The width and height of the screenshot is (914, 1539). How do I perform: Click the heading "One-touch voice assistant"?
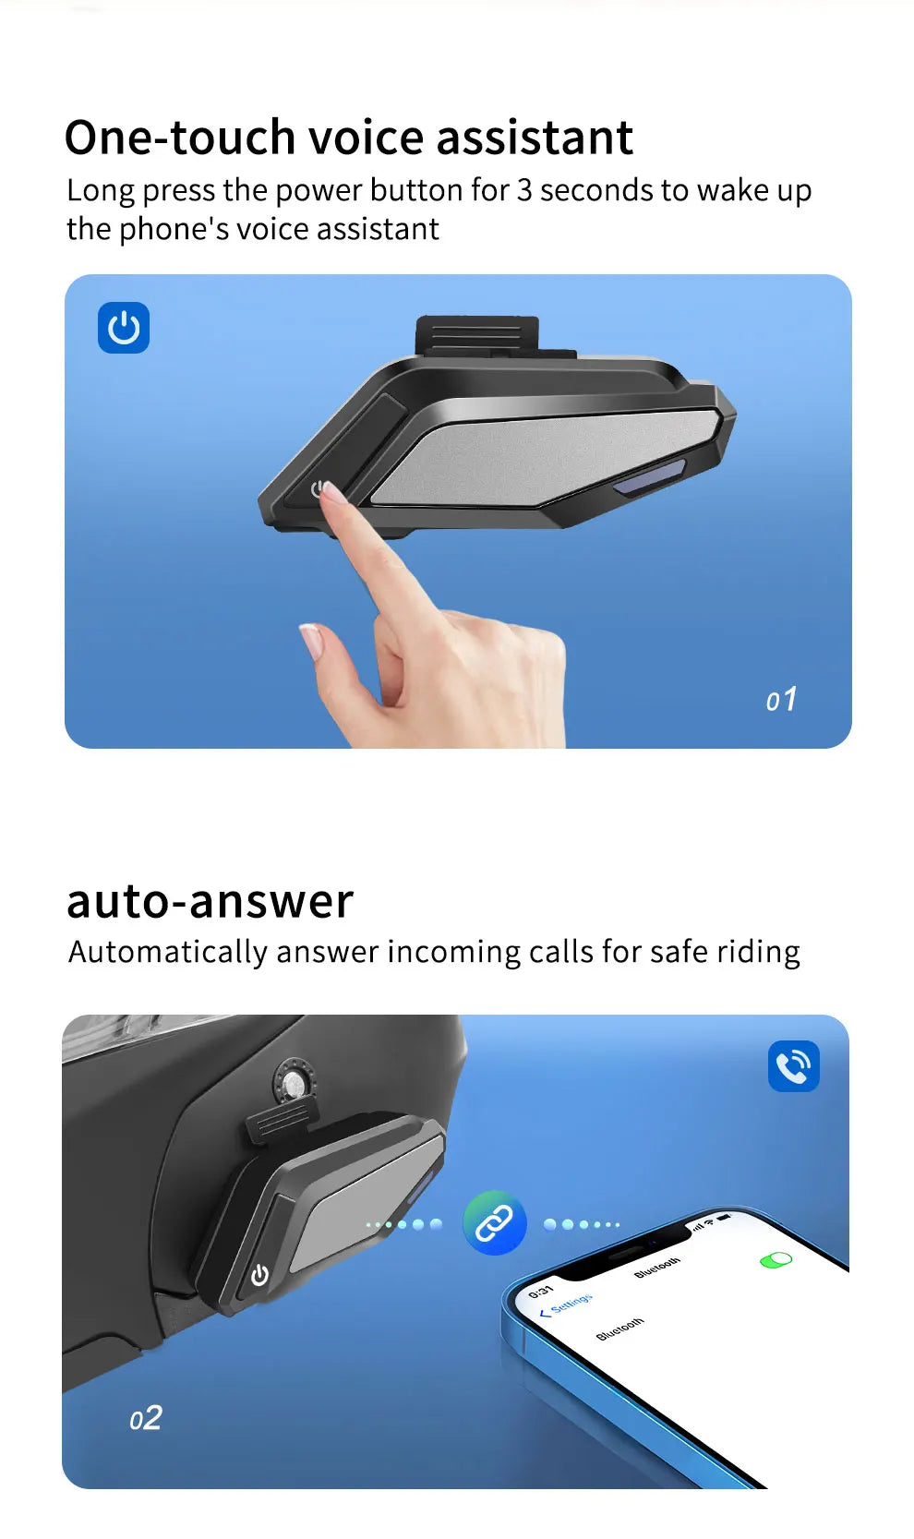[x=348, y=138]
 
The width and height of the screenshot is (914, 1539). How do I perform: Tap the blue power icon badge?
[x=124, y=328]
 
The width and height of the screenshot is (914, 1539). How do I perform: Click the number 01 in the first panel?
[x=781, y=700]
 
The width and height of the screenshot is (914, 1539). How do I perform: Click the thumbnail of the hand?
[x=310, y=639]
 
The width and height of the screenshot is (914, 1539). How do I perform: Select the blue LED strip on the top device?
[x=649, y=475]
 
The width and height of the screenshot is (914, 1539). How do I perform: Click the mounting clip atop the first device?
[x=477, y=335]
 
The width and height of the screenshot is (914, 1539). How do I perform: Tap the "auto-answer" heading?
[x=210, y=901]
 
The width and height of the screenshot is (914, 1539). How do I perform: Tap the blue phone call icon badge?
[x=794, y=1065]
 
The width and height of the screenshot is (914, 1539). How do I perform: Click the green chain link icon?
[x=495, y=1223]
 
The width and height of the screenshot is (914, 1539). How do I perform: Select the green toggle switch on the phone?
[x=776, y=1260]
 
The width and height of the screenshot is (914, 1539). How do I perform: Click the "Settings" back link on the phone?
[x=566, y=1305]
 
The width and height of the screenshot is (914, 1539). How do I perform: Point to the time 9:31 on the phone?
[x=541, y=1291]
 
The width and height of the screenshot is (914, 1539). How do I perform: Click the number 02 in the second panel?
[x=146, y=1417]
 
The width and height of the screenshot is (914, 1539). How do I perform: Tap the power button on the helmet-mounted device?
[x=259, y=1274]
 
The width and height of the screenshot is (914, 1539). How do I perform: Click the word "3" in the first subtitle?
[x=524, y=191]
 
